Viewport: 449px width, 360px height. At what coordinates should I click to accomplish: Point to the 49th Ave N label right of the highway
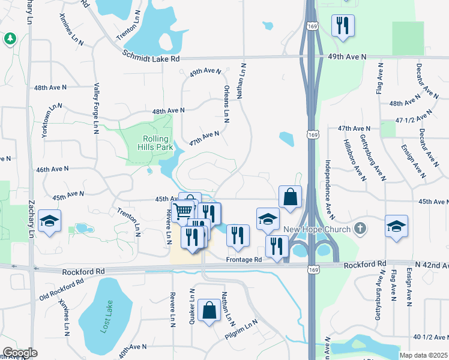click(348, 57)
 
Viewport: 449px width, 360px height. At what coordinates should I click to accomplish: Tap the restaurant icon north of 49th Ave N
click(343, 25)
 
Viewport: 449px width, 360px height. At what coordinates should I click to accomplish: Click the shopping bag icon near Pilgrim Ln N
click(209, 310)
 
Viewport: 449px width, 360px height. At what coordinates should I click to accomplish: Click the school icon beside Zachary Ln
click(49, 221)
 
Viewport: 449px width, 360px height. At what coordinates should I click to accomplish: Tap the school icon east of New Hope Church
click(396, 226)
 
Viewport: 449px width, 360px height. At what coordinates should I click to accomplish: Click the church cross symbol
click(360, 228)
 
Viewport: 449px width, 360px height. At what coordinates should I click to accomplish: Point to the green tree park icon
click(9, 39)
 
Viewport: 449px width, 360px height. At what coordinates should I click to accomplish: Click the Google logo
click(20, 353)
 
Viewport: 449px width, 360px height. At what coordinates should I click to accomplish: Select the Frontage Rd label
click(244, 260)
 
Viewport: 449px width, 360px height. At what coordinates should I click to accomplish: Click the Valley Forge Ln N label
click(95, 108)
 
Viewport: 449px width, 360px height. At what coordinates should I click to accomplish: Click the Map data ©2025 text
click(423, 355)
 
